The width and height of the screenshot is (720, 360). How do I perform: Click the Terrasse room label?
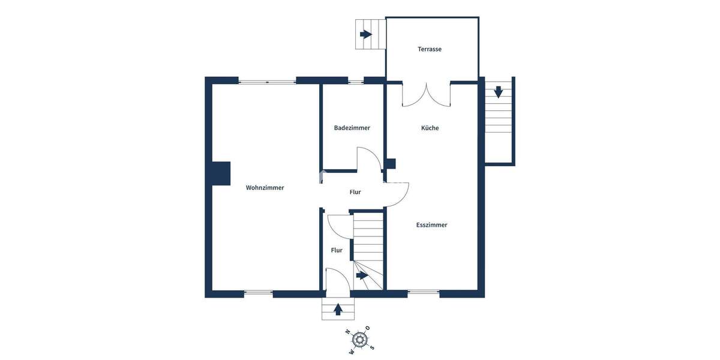click(430, 49)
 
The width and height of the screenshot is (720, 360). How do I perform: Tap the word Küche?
click(430, 128)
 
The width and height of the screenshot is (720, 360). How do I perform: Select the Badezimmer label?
click(352, 128)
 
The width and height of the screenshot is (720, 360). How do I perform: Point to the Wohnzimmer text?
click(265, 188)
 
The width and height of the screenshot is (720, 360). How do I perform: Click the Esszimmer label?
click(431, 225)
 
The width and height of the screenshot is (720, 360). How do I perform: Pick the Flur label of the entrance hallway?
click(337, 250)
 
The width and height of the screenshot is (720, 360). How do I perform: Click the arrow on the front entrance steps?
click(338, 310)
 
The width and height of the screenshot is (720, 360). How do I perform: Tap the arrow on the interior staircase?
click(361, 275)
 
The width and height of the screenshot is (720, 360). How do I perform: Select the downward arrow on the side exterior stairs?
click(498, 92)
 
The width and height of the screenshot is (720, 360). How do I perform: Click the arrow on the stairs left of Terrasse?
click(365, 34)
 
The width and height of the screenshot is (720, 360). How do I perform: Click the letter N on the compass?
click(347, 331)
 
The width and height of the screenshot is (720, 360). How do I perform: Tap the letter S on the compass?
click(372, 347)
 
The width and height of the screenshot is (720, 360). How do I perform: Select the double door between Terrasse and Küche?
click(426, 95)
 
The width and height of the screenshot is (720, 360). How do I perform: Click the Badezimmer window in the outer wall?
click(356, 81)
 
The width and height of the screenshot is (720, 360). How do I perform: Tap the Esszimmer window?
click(423, 293)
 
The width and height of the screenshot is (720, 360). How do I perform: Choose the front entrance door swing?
click(335, 281)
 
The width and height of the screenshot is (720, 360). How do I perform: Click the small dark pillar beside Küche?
click(391, 163)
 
